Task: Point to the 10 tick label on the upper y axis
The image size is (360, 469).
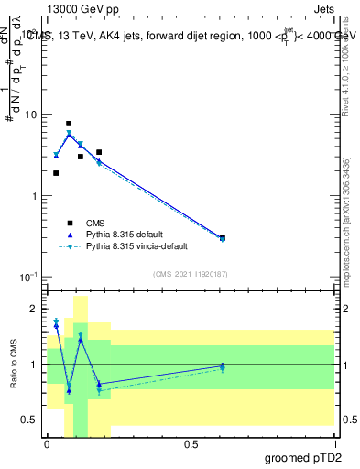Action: (x=31, y=115)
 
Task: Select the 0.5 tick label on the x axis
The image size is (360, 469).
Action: (x=191, y=443)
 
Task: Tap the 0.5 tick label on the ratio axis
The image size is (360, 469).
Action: (x=32, y=420)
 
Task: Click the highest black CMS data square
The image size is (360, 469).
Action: (x=69, y=123)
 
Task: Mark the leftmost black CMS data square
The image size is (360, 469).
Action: (x=56, y=172)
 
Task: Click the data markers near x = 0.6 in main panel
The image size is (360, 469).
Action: (x=223, y=238)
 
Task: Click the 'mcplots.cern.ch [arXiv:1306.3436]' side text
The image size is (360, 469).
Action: (x=346, y=229)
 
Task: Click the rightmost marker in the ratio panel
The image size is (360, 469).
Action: (x=223, y=366)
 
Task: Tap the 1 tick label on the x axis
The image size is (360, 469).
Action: (x=333, y=443)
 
